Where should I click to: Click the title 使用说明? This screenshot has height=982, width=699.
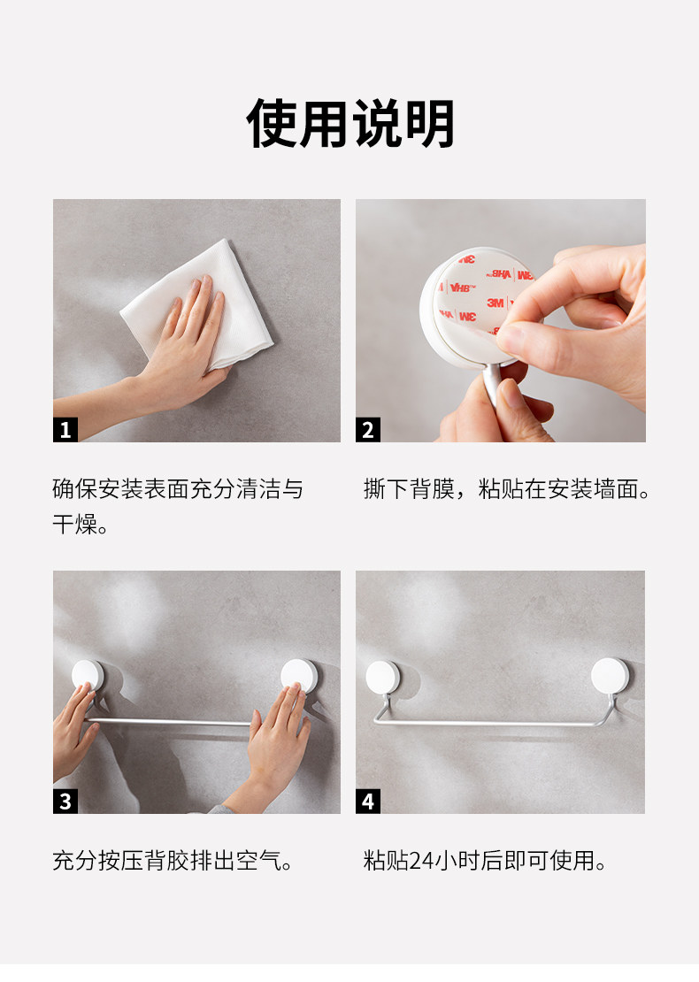350,123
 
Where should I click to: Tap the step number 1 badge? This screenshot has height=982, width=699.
65,430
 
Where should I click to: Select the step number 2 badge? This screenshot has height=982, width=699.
368,430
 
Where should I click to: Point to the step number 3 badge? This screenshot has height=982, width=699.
65,801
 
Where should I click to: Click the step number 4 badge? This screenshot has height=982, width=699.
368,801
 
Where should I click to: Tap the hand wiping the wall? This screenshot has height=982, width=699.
181,350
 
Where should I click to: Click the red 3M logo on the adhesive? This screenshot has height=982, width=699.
495,303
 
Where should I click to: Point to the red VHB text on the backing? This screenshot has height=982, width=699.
462,288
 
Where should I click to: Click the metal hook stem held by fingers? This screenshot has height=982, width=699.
495,382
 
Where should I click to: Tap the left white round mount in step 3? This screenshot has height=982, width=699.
88,675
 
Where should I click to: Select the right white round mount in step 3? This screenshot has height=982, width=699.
299,675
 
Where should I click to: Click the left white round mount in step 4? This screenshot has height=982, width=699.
383,678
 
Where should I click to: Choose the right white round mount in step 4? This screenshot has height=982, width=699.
610,676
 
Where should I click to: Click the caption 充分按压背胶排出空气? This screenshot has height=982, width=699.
173,861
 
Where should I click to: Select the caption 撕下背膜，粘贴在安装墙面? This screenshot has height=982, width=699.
506,489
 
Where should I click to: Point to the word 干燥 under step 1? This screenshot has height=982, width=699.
75,525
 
